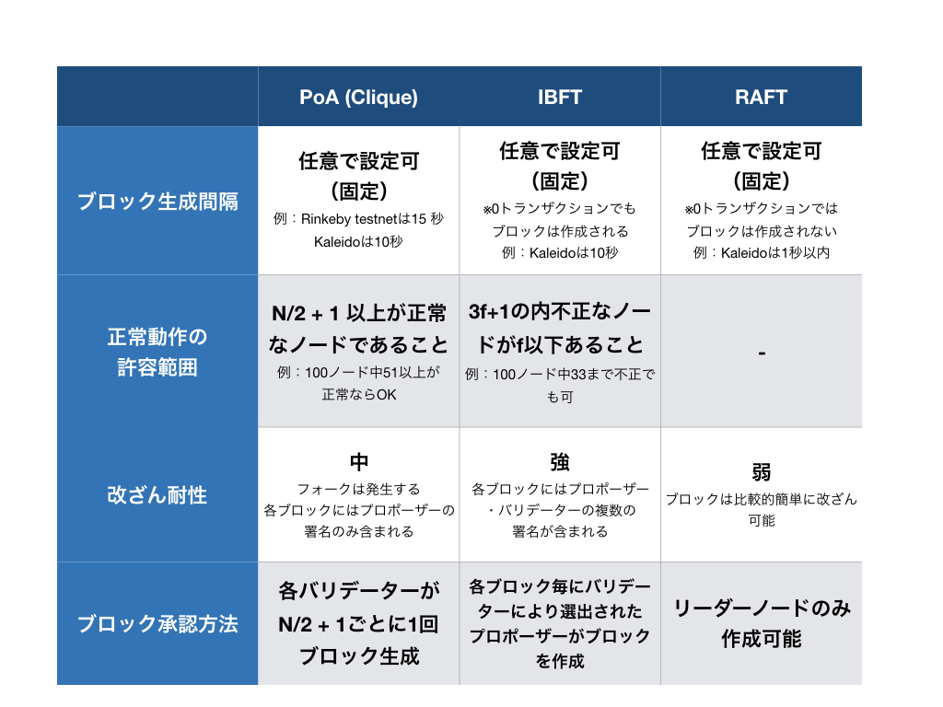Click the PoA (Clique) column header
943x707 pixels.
click(358, 98)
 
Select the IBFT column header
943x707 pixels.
click(560, 97)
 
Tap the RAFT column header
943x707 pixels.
click(761, 97)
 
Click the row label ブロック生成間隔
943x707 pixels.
click(157, 202)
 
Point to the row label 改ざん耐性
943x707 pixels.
click(157, 495)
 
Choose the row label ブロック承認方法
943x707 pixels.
click(157, 624)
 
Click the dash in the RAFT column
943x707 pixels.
click(761, 352)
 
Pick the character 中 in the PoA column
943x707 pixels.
click(358, 462)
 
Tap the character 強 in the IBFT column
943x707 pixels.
click(560, 462)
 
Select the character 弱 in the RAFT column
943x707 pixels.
click(762, 473)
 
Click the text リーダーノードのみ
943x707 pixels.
click(762, 608)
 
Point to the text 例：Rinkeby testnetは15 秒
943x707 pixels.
click(358, 219)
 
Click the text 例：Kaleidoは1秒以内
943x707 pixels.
click(762, 252)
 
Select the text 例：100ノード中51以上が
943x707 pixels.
click(358, 373)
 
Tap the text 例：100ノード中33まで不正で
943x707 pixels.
click(560, 375)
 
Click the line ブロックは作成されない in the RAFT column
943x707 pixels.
click(762, 231)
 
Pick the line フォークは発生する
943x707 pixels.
click(358, 490)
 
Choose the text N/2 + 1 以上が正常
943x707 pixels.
click(358, 313)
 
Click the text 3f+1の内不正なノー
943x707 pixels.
click(560, 311)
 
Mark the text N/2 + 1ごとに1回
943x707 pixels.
click(358, 624)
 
